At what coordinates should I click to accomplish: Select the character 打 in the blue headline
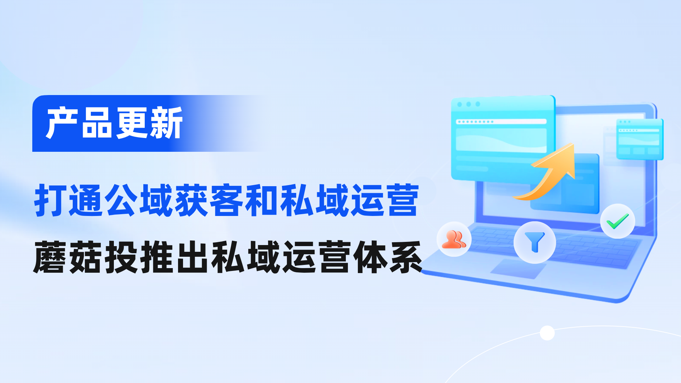click(x=51, y=200)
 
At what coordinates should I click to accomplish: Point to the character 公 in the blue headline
click(x=121, y=200)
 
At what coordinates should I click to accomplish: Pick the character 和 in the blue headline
click(x=262, y=200)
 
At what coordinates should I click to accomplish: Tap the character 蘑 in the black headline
click(x=50, y=257)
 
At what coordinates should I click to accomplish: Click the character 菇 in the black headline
click(x=86, y=257)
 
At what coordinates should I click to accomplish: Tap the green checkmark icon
click(x=618, y=221)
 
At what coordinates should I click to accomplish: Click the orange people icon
click(x=454, y=239)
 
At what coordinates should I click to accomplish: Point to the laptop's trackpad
click(x=518, y=268)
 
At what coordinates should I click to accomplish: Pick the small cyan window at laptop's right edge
click(x=640, y=139)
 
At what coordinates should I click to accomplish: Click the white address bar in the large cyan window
click(x=501, y=122)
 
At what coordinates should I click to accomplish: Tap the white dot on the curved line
click(x=547, y=333)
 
